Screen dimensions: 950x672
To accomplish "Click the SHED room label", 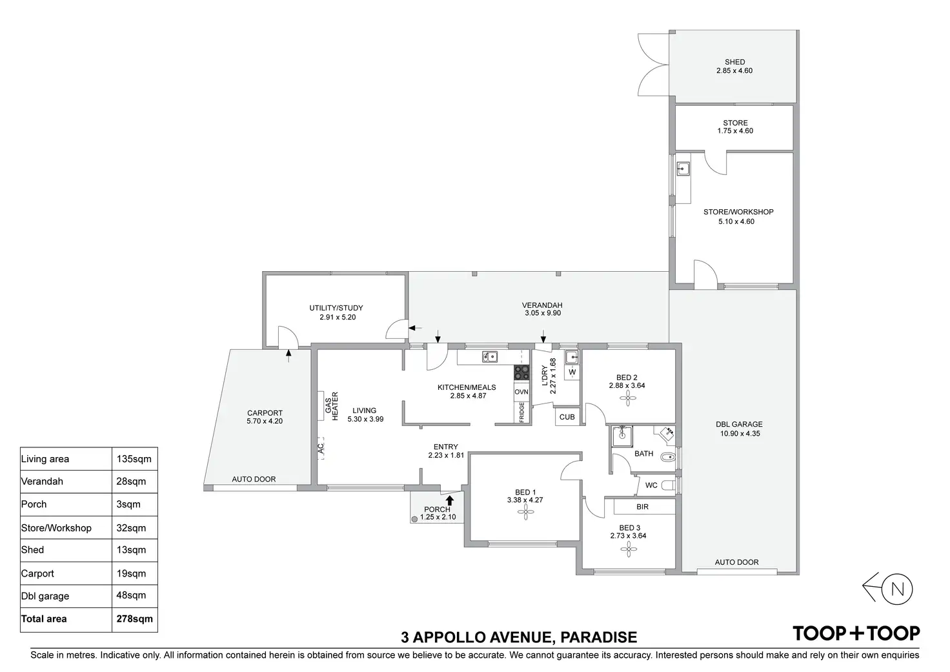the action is click(x=734, y=63).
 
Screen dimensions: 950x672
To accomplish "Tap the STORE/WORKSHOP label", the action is click(x=738, y=212).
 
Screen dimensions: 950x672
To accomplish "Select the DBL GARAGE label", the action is click(x=739, y=425).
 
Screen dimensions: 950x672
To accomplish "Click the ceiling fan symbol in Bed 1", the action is click(x=526, y=513).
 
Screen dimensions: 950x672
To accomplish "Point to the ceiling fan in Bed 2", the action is click(x=626, y=398).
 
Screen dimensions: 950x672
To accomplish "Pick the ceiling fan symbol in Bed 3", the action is click(x=628, y=549).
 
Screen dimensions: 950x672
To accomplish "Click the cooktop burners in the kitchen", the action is click(x=521, y=372).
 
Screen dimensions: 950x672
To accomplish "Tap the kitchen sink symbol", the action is click(x=490, y=356).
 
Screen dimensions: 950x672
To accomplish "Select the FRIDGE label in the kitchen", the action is click(x=521, y=412).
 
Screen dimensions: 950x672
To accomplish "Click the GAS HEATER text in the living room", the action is click(x=331, y=405).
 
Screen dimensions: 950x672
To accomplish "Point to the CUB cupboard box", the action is click(x=567, y=417).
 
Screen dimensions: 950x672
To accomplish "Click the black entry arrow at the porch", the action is click(x=450, y=499).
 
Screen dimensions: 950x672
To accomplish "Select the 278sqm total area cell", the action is click(x=134, y=619).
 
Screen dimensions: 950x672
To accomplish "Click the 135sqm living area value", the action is click(x=134, y=460).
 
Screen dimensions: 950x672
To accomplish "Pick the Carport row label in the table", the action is click(x=37, y=573).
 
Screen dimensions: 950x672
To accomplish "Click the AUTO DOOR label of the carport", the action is click(x=254, y=480).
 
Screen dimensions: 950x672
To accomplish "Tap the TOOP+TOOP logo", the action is click(x=856, y=633).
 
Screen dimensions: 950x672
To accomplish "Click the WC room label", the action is click(x=651, y=485).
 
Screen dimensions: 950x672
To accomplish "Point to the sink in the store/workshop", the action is click(x=683, y=169).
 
